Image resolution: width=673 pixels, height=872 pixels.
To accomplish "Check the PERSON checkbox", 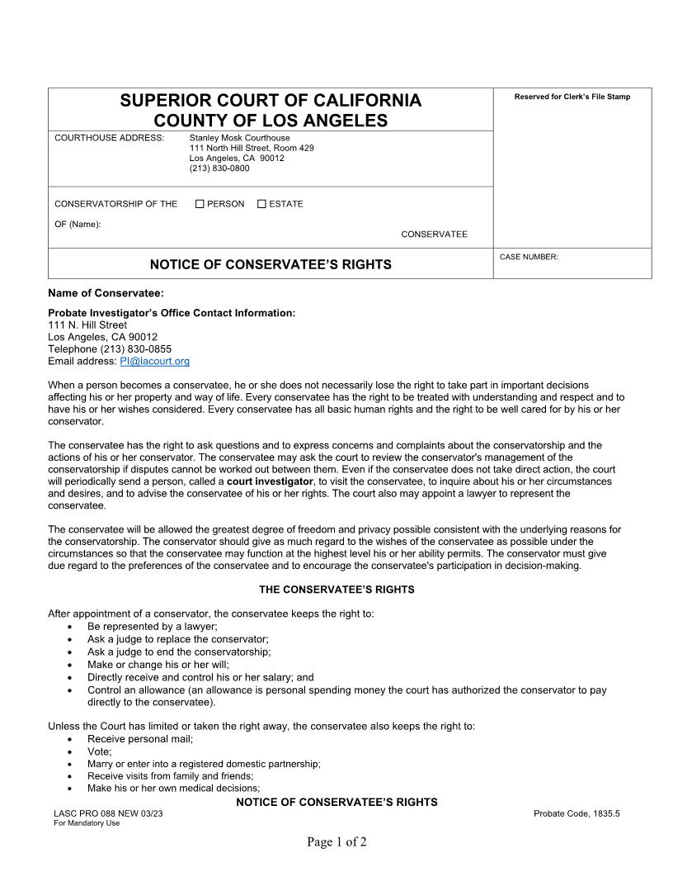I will (x=200, y=204).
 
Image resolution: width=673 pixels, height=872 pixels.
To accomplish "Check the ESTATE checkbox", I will (x=261, y=204).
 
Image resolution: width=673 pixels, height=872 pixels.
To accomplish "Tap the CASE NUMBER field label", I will (x=529, y=257).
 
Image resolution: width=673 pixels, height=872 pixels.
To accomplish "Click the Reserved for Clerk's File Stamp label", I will (x=572, y=97).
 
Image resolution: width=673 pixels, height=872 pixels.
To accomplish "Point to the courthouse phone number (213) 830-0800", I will (x=219, y=168).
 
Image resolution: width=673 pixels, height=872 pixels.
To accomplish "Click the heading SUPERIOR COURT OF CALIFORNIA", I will (x=271, y=101).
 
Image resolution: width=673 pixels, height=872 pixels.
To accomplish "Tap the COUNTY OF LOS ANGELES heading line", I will (x=271, y=121).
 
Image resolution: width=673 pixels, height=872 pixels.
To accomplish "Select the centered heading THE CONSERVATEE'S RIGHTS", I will (x=336, y=590).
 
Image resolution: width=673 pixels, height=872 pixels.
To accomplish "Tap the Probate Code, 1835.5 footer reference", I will (x=577, y=813).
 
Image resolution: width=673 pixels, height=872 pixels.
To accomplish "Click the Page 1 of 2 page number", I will (x=336, y=842).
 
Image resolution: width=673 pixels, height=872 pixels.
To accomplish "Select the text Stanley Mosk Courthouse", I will (x=240, y=138).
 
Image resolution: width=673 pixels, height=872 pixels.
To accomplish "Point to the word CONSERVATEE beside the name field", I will (x=434, y=235).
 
